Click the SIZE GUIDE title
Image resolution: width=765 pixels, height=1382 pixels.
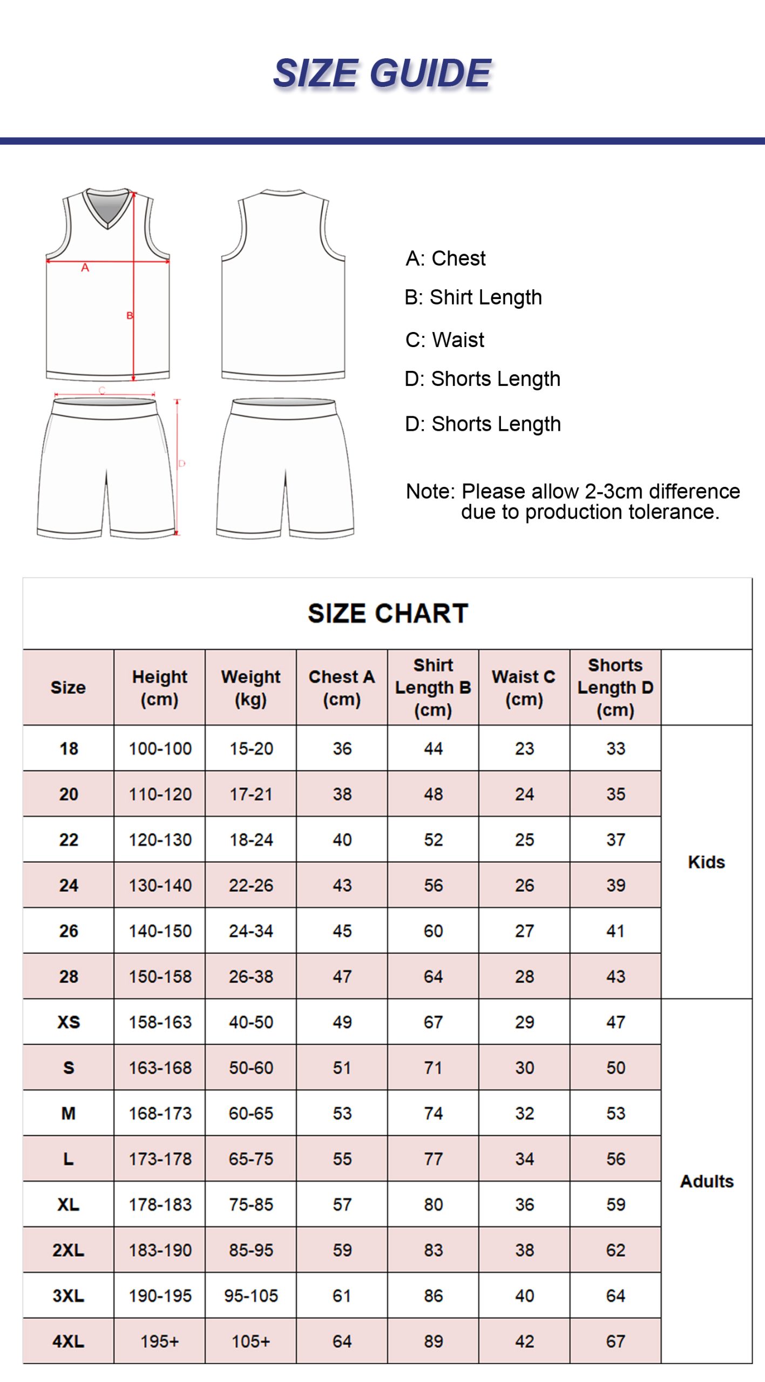[382, 73]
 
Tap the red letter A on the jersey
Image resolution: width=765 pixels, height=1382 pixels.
[85, 268]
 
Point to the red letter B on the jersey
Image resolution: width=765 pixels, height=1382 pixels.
[130, 315]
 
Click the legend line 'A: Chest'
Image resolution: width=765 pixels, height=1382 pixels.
[445, 259]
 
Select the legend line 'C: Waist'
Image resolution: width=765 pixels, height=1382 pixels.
[444, 340]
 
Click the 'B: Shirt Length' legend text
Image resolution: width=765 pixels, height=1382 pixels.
[473, 297]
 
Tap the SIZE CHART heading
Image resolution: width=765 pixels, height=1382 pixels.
[388, 613]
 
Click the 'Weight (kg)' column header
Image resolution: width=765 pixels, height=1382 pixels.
[251, 687]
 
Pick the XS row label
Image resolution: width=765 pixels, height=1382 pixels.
[69, 1022]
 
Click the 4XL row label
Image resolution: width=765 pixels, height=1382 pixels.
[69, 1341]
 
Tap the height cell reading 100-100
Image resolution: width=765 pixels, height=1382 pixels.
[160, 749]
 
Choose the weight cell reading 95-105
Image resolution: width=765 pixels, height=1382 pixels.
[251, 1296]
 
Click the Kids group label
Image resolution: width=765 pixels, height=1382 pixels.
[706, 862]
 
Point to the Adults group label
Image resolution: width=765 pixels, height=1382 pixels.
[706, 1181]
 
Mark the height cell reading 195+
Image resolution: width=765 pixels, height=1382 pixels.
[160, 1341]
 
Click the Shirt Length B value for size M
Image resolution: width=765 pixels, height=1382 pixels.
[433, 1113]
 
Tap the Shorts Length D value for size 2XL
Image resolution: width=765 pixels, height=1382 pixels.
[615, 1250]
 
